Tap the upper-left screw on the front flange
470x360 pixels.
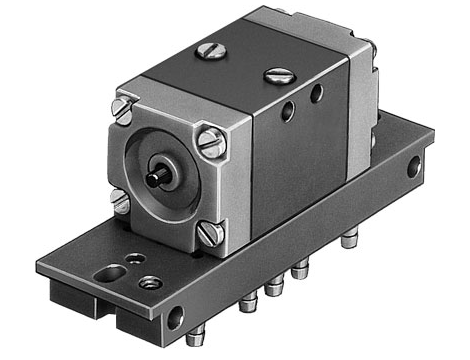click(x=124, y=105)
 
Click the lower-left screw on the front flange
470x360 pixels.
click(x=122, y=204)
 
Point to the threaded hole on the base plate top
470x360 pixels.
click(x=151, y=283)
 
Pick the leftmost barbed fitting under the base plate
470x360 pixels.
click(x=247, y=303)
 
